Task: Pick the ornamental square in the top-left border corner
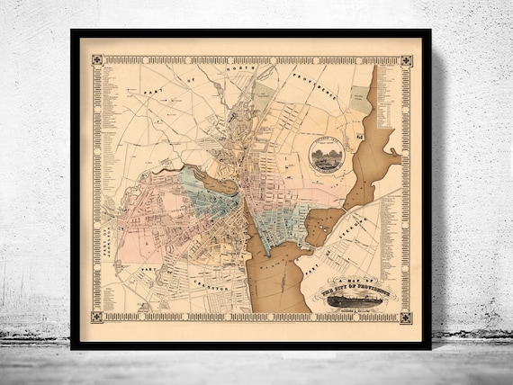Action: [97, 61]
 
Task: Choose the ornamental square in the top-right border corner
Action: [406, 62]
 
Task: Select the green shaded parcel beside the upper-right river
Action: [360, 99]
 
